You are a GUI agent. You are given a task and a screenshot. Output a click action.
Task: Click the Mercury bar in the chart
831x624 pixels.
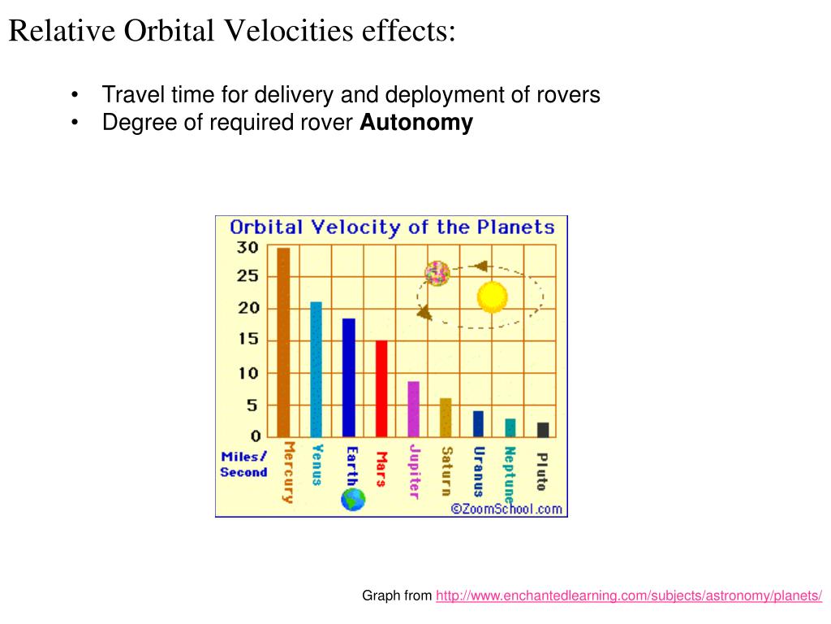pos(283,342)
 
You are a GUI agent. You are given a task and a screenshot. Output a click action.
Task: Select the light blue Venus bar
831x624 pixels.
pos(316,370)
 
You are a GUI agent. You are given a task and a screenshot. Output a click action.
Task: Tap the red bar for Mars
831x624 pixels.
pos(381,389)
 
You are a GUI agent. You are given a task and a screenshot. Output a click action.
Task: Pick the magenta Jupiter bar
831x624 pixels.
pos(413,409)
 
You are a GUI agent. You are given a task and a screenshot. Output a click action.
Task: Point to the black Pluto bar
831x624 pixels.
pos(543,430)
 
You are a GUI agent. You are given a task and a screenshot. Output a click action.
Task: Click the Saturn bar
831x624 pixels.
pos(446,418)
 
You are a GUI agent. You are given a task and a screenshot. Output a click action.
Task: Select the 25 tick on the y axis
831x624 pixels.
pos(248,276)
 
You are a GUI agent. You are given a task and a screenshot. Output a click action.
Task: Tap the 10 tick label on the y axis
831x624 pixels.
pos(248,374)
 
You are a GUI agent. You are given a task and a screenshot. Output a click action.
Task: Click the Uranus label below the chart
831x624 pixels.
pos(479,471)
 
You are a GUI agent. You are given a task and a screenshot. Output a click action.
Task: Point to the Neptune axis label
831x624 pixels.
pos(510,474)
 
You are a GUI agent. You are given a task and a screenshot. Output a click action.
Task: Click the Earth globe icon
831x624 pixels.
pos(353,500)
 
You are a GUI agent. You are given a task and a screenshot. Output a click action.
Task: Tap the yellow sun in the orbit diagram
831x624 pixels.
pos(493,297)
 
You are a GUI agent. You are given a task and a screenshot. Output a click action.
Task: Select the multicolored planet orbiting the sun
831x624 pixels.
pos(437,273)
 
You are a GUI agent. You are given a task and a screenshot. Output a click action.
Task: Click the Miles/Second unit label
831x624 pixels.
pos(243,464)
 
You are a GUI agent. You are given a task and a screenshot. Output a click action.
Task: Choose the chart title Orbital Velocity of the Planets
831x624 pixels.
pos(392,227)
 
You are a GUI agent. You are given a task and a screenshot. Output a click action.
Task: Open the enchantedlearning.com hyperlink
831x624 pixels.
pos(629,596)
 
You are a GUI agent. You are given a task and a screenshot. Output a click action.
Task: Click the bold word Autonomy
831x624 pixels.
pos(416,123)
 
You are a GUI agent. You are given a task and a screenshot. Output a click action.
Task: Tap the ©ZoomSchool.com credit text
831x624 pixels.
pos(506,509)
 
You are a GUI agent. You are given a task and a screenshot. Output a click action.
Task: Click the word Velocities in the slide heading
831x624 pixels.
pos(289,30)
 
